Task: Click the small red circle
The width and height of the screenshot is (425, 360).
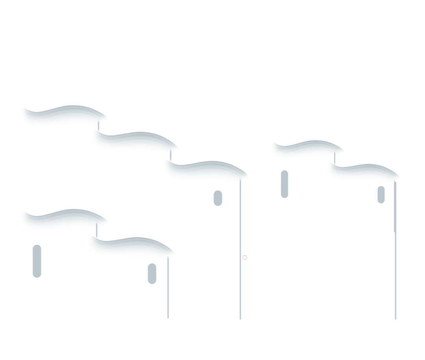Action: click(244, 258)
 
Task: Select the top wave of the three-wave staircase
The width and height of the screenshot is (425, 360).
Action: click(63, 116)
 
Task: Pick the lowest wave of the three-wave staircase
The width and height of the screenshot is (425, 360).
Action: click(205, 170)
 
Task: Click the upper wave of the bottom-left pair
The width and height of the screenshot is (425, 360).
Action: click(63, 220)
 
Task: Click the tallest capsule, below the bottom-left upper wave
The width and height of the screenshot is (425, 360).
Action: click(37, 261)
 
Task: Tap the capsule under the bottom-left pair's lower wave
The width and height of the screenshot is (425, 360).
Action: click(152, 273)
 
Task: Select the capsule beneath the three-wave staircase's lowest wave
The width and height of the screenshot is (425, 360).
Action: click(218, 198)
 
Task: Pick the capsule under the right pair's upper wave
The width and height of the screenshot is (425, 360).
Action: click(285, 184)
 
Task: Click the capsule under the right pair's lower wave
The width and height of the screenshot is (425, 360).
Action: click(381, 194)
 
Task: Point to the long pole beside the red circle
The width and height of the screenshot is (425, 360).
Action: click(240, 275)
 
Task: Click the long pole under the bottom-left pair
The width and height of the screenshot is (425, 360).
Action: click(168, 291)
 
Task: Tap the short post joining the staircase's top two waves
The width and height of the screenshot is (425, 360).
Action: click(99, 128)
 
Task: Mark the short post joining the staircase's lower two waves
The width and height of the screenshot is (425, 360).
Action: click(170, 157)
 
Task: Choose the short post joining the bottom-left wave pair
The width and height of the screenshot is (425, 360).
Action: click(96, 231)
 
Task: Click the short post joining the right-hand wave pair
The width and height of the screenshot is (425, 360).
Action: click(335, 160)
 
